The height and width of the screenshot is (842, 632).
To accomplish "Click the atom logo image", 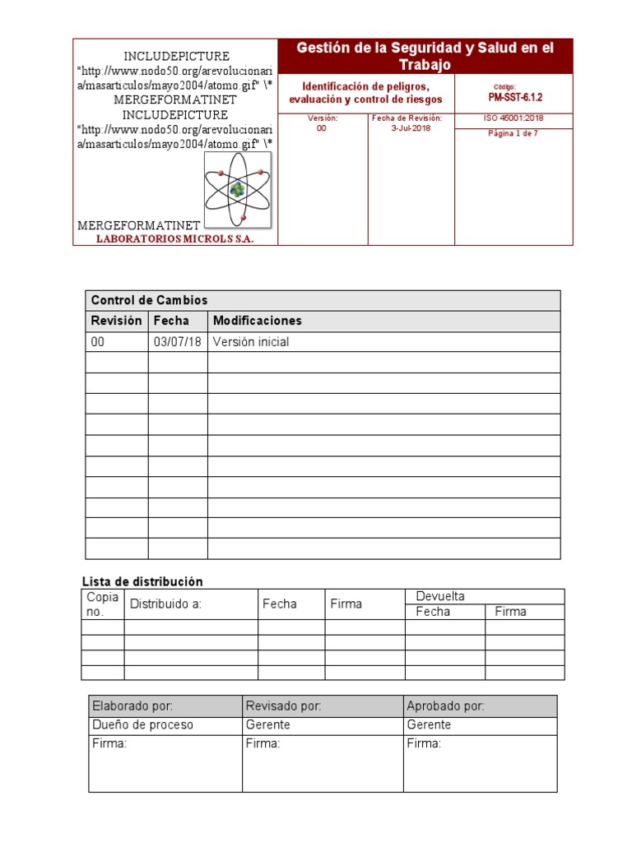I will click(238, 190).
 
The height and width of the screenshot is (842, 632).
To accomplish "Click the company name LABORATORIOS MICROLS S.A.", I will click(175, 238).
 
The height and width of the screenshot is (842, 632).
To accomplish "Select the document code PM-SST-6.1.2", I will click(515, 97).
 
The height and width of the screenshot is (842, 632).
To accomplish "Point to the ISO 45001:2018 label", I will click(513, 118).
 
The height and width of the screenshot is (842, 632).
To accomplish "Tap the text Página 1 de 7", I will click(513, 133).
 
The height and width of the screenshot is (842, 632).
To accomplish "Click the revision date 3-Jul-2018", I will click(411, 128).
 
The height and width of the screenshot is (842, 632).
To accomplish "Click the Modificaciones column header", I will click(257, 321).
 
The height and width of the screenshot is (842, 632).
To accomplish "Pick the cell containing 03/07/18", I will click(177, 342).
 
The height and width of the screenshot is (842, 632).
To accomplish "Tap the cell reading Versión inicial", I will click(251, 342).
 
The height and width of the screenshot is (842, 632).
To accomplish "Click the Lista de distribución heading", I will click(142, 581).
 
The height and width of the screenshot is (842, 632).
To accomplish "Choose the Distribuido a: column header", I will click(165, 604).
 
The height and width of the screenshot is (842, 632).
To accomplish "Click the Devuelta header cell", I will click(440, 596).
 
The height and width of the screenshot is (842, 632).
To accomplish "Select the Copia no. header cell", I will click(103, 604).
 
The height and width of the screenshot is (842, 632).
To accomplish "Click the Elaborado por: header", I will click(132, 706).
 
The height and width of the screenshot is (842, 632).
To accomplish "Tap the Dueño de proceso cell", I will click(142, 725).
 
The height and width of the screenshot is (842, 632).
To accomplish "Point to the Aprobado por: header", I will click(445, 706).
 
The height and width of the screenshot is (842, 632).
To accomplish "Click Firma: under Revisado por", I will click(263, 744).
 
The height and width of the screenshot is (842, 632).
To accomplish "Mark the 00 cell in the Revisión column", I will click(98, 342).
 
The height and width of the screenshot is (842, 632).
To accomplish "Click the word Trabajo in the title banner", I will click(425, 65).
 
